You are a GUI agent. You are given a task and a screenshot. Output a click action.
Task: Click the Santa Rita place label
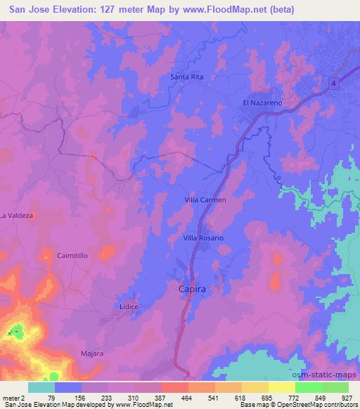186,77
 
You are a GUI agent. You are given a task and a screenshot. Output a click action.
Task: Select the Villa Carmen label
205,200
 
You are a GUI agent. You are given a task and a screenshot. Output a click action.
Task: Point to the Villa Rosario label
203,238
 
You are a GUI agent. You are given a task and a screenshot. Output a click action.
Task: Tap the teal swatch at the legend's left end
41,388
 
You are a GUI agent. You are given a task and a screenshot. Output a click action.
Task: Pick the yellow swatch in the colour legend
282,388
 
